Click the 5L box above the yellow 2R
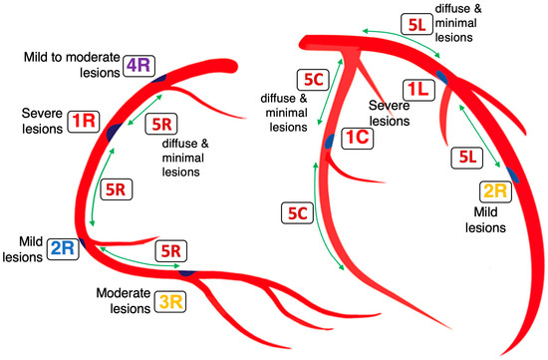pos(463,157)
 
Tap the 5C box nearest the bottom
pos(297,212)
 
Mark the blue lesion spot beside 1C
pos(329,143)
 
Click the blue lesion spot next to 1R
pos(114,131)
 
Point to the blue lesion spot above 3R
pos(185,272)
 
